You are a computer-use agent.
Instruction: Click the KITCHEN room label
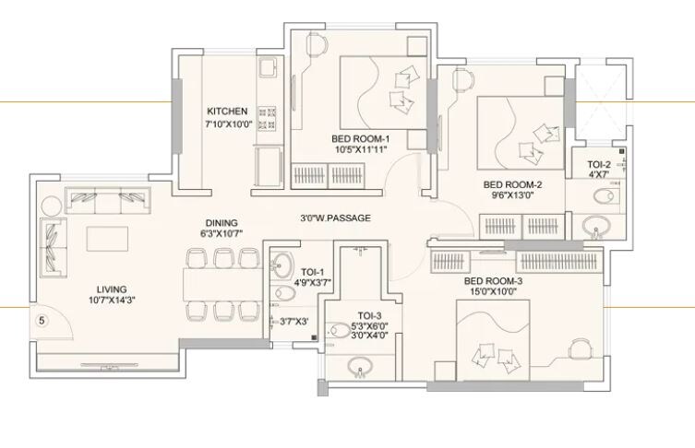click(227, 111)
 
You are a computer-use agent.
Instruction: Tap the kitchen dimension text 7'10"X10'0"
click(228, 124)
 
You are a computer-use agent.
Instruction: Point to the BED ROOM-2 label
click(512, 184)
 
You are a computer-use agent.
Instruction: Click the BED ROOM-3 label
click(493, 281)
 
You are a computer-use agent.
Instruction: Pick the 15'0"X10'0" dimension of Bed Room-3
click(493, 292)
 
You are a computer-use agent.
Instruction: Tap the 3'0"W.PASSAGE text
click(335, 218)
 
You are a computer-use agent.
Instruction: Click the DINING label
click(222, 223)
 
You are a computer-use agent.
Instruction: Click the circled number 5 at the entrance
click(41, 321)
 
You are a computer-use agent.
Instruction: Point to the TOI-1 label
click(313, 272)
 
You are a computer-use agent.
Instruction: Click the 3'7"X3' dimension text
click(294, 322)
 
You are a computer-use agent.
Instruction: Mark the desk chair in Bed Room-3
click(580, 348)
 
